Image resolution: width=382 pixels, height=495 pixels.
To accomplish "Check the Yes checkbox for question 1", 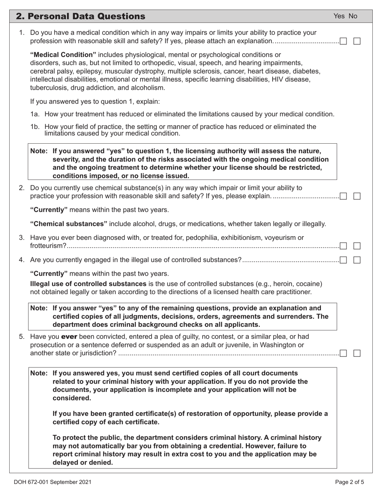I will [343, 41].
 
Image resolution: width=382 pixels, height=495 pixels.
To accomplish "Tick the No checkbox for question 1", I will [357, 41].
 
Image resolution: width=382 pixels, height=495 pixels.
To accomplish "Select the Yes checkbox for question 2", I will [343, 196].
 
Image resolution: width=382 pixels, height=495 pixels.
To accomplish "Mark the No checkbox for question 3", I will [357, 246].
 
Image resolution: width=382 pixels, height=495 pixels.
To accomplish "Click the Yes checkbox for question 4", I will [343, 260].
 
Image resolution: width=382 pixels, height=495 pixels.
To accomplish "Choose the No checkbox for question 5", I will [357, 353].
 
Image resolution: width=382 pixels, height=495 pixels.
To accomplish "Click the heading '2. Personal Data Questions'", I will [80, 16].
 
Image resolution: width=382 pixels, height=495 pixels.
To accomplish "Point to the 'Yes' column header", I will [339, 16].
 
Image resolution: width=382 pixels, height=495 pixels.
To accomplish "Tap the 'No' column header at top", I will [353, 16].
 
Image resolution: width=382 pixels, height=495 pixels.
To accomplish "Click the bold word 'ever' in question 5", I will [69, 336].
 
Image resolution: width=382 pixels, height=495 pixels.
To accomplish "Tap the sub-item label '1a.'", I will [35, 114].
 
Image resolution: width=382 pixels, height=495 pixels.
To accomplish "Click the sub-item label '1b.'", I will [35, 127].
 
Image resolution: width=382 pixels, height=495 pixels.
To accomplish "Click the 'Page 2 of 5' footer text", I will [350, 482].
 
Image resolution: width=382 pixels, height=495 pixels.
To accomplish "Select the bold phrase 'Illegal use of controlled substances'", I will [88, 284].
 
